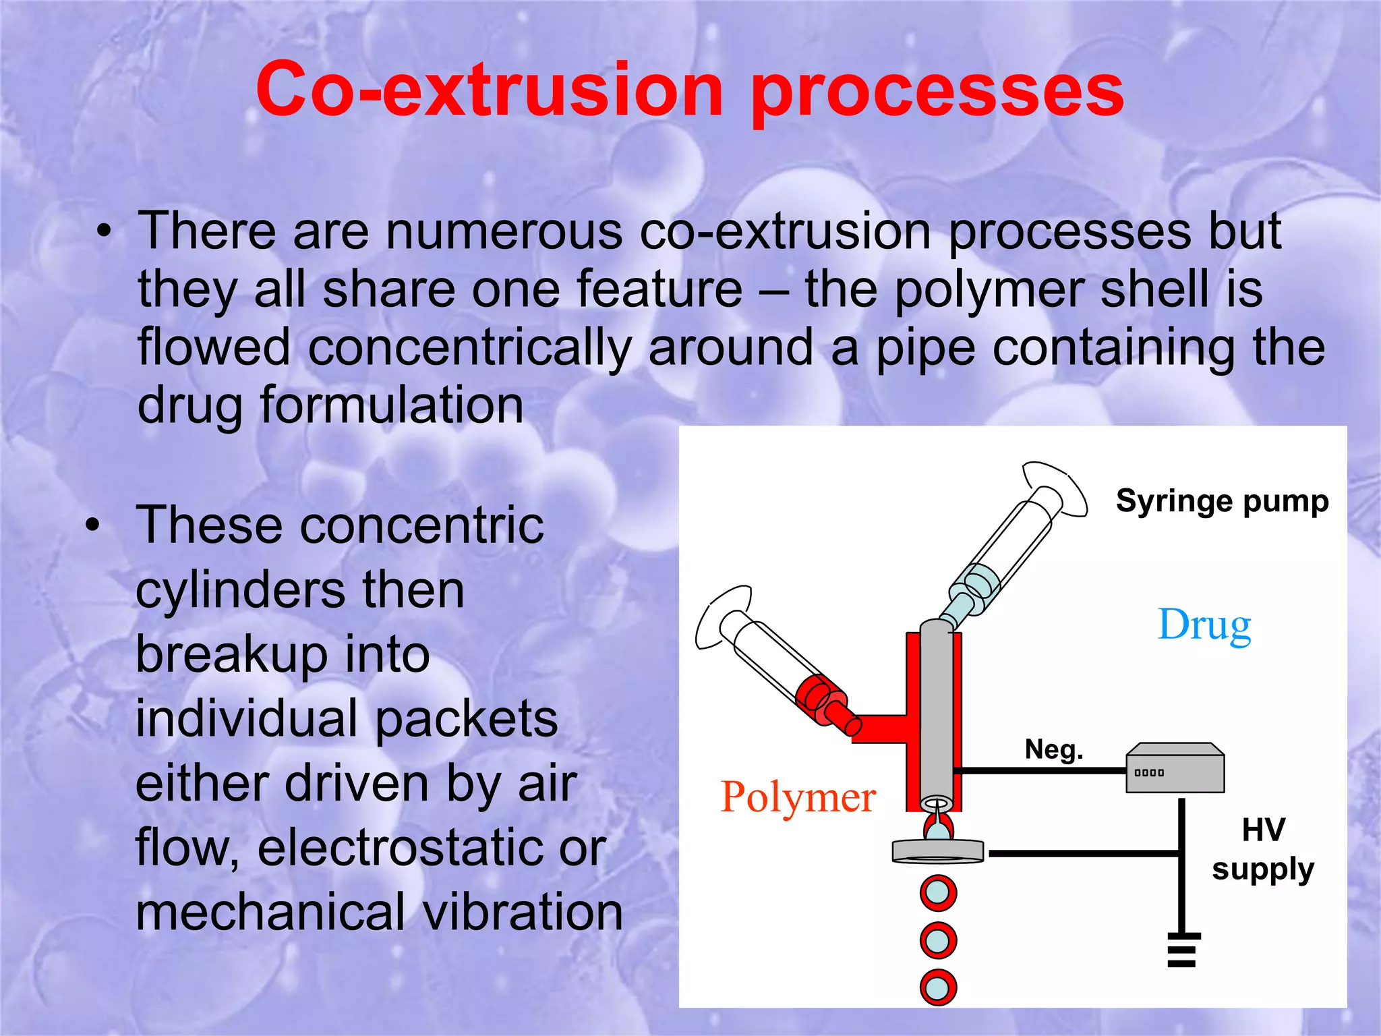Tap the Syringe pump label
pos(1222,501)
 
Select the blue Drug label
pos(1204,625)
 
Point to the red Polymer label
pos(798,797)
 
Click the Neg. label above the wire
pos(1054,749)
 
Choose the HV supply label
pos(1263,849)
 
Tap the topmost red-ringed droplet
pos(938,892)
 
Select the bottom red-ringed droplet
pos(938,988)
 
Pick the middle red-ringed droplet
pos(938,940)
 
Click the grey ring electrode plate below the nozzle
pos(937,851)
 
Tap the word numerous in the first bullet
pos(504,231)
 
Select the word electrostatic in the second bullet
pos(432,848)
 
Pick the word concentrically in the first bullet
pos(469,348)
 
